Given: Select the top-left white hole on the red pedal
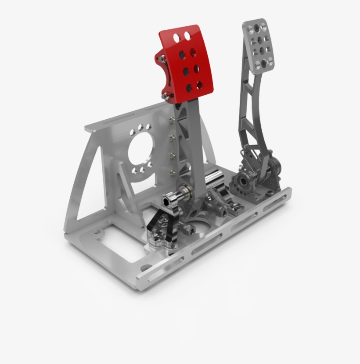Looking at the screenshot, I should (176, 37).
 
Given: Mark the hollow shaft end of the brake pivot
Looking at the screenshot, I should (166, 201).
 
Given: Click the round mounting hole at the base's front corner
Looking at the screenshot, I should (143, 267).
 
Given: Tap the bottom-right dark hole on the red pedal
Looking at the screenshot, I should (200, 84).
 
